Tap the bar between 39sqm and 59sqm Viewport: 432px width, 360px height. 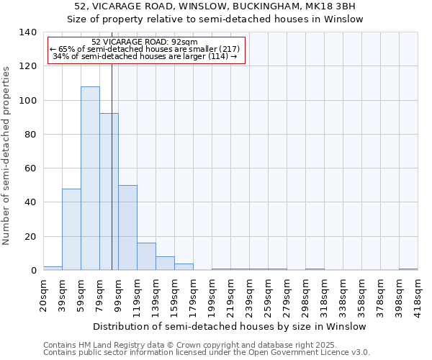pyautogui.click(x=71, y=229)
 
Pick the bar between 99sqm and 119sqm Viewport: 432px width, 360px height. pyautogui.click(x=127, y=228)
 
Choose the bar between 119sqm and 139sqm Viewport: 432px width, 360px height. pyautogui.click(x=146, y=256)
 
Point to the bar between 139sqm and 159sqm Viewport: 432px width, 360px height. pyautogui.click(x=165, y=263)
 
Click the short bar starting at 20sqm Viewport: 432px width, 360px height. pyautogui.click(x=53, y=268)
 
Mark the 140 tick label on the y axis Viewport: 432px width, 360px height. pyautogui.click(x=27, y=32)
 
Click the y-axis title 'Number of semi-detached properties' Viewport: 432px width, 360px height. pyautogui.click(x=7, y=155)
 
